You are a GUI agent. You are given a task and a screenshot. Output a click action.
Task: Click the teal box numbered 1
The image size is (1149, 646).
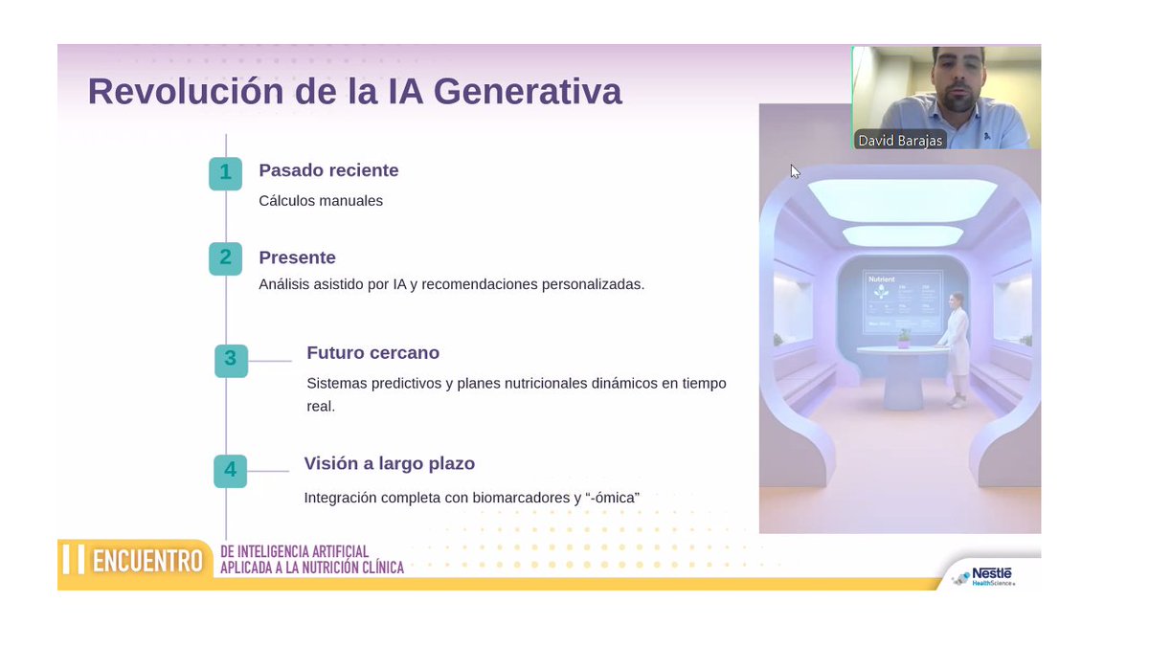click(225, 173)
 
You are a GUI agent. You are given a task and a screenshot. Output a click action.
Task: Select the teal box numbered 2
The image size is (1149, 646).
click(225, 258)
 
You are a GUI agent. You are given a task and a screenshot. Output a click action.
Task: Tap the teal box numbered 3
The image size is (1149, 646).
click(231, 360)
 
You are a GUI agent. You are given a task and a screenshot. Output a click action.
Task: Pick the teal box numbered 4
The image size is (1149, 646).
click(230, 470)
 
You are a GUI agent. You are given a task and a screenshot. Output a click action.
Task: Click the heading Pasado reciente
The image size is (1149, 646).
click(328, 170)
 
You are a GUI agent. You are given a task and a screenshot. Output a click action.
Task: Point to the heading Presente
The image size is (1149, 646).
click(297, 257)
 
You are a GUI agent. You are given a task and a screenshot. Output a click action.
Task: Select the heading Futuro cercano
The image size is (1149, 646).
click(372, 352)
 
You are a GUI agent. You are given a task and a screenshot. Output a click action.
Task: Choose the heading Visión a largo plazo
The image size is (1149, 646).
click(389, 463)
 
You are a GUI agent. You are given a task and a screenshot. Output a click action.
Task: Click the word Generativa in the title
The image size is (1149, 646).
click(528, 92)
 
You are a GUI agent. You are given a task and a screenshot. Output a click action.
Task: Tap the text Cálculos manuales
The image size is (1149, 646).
click(321, 201)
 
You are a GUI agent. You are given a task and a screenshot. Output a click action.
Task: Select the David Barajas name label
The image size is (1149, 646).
click(899, 141)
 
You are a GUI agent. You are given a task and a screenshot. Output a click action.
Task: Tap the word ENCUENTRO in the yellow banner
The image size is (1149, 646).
click(147, 561)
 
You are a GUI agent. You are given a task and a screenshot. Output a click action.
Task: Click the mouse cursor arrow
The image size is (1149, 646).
click(794, 170)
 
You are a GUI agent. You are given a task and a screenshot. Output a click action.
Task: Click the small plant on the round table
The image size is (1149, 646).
click(903, 338)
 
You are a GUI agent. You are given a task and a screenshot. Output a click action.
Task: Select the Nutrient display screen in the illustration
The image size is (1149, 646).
click(902, 300)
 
